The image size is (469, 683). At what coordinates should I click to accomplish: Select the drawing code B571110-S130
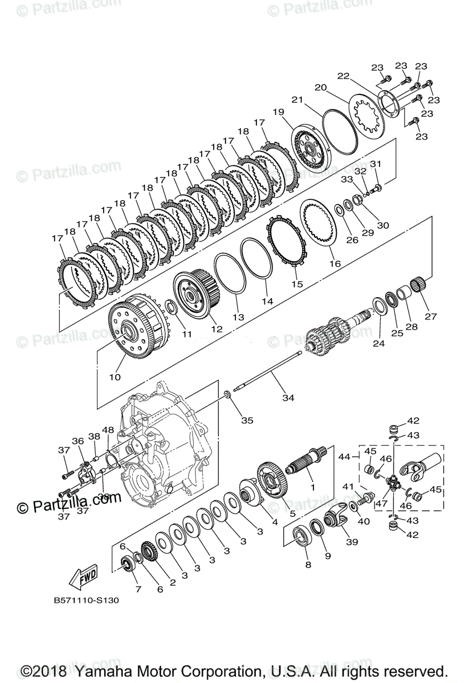[x=87, y=600]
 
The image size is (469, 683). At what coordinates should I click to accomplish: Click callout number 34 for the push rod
[x=288, y=398]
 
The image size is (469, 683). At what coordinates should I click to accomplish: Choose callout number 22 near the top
[x=342, y=76]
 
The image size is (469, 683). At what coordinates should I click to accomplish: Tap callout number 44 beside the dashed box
[x=344, y=456]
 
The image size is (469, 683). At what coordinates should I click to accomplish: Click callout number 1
[x=312, y=487]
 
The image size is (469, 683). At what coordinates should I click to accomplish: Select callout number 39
[x=352, y=542]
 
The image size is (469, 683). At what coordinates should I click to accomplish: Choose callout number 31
[x=376, y=164]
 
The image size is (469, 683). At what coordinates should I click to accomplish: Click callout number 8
[x=308, y=565]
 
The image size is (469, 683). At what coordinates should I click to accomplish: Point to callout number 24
[x=379, y=343]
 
